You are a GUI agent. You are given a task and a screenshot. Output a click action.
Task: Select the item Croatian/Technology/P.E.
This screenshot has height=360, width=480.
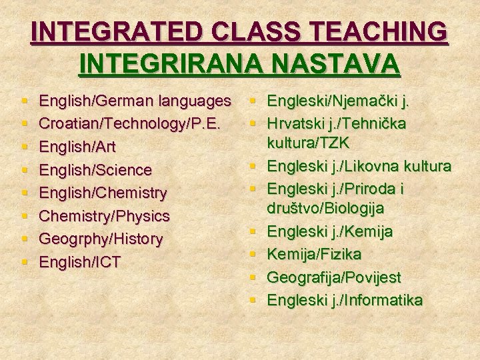coord(127,125)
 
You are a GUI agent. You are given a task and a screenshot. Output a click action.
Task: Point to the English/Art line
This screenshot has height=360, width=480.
coord(83,147)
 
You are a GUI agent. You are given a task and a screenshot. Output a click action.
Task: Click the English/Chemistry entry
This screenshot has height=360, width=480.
coord(103,193)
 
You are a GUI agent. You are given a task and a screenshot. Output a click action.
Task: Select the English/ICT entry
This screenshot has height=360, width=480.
coord(80,262)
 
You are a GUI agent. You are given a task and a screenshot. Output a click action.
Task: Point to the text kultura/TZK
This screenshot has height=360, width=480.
coord(308,143)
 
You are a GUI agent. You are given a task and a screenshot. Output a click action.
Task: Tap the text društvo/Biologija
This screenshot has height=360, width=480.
coord(325,209)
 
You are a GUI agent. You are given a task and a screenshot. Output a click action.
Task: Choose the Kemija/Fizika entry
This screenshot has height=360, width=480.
coord(314,254)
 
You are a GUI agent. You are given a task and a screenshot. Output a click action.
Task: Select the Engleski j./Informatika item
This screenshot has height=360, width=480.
coord(345,300)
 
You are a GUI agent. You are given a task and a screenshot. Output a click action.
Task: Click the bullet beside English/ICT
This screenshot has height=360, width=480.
coord(25,262)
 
